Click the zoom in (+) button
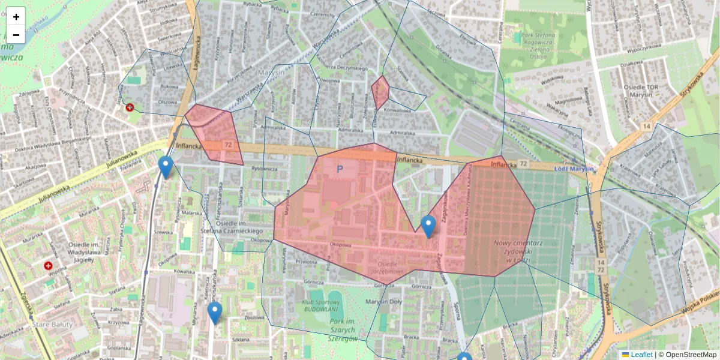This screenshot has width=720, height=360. pyautogui.click(x=16, y=16)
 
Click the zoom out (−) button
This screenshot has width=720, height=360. pyautogui.click(x=16, y=35)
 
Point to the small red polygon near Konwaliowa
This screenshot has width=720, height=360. pyautogui.click(x=380, y=92)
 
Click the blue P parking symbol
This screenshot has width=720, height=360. pyautogui.click(x=340, y=170)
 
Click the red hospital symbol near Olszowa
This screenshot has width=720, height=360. pyautogui.click(x=130, y=107)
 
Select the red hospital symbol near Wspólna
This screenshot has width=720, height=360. pyautogui.click(x=48, y=265)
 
